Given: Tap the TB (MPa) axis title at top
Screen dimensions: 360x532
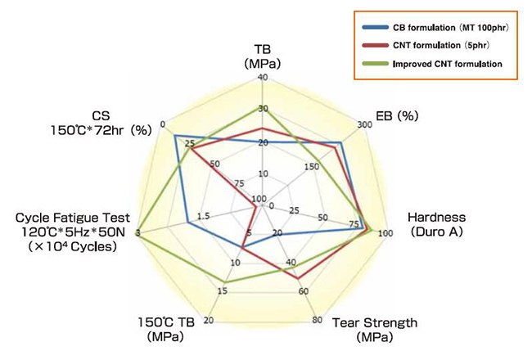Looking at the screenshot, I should [x=262, y=56].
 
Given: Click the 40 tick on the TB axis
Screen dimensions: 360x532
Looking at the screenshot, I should [x=262, y=78].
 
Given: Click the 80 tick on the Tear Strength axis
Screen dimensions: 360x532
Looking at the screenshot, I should [x=317, y=320].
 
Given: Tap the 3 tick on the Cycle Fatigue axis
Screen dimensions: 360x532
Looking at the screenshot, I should [x=138, y=235].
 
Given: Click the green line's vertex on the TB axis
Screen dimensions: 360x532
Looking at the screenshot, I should [x=262, y=108].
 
